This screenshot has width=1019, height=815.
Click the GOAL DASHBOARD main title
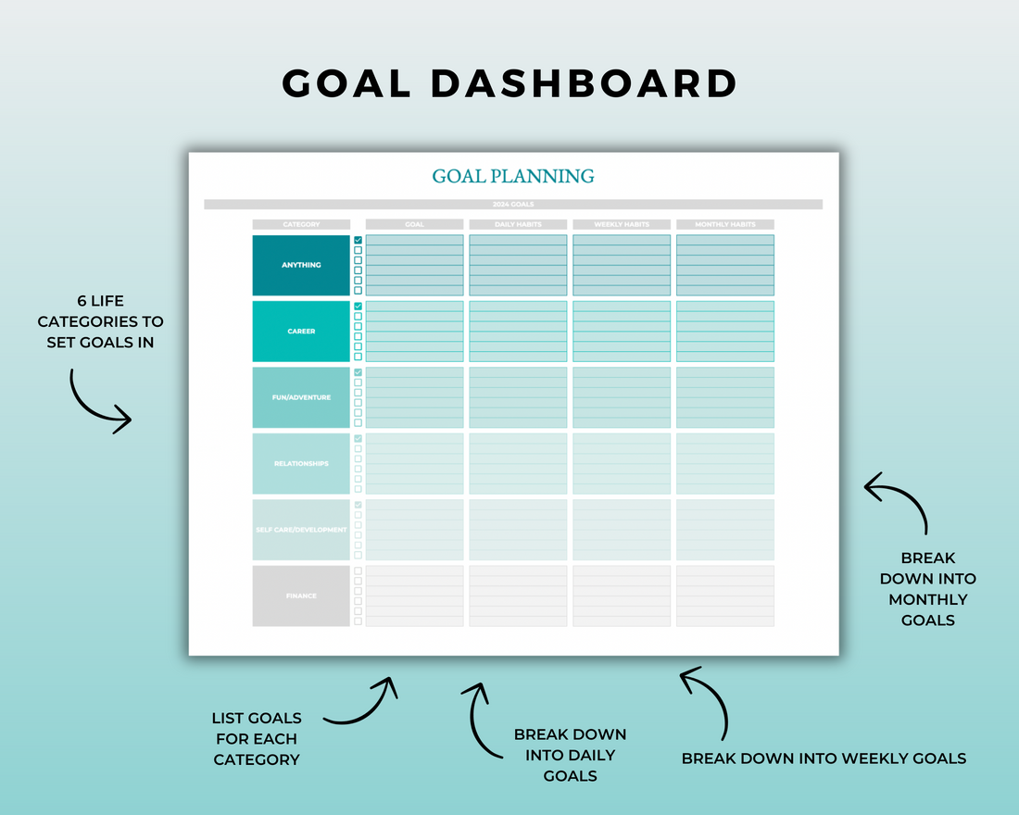[x=509, y=83]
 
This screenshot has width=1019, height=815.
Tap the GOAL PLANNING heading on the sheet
[x=513, y=176]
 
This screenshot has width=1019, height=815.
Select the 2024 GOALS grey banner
[x=513, y=205]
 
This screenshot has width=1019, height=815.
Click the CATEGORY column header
[x=301, y=224]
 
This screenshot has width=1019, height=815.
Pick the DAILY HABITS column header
[x=518, y=224]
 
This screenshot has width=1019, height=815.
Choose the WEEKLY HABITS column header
[x=622, y=224]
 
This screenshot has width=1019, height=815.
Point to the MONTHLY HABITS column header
[x=725, y=224]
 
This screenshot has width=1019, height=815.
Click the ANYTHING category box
[x=301, y=265]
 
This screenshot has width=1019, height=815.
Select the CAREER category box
[x=301, y=332]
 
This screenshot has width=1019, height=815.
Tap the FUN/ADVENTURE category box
[x=301, y=397]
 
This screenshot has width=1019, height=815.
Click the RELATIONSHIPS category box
[x=301, y=464]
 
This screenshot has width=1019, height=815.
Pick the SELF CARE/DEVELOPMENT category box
[x=301, y=530]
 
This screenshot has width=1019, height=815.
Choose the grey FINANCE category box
[x=301, y=596]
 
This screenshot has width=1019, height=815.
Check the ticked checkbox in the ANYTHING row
[x=359, y=240]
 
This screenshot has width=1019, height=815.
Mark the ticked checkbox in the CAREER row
[x=359, y=307]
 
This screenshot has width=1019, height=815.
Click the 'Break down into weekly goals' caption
[x=824, y=759]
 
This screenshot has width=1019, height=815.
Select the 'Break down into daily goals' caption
[x=570, y=755]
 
